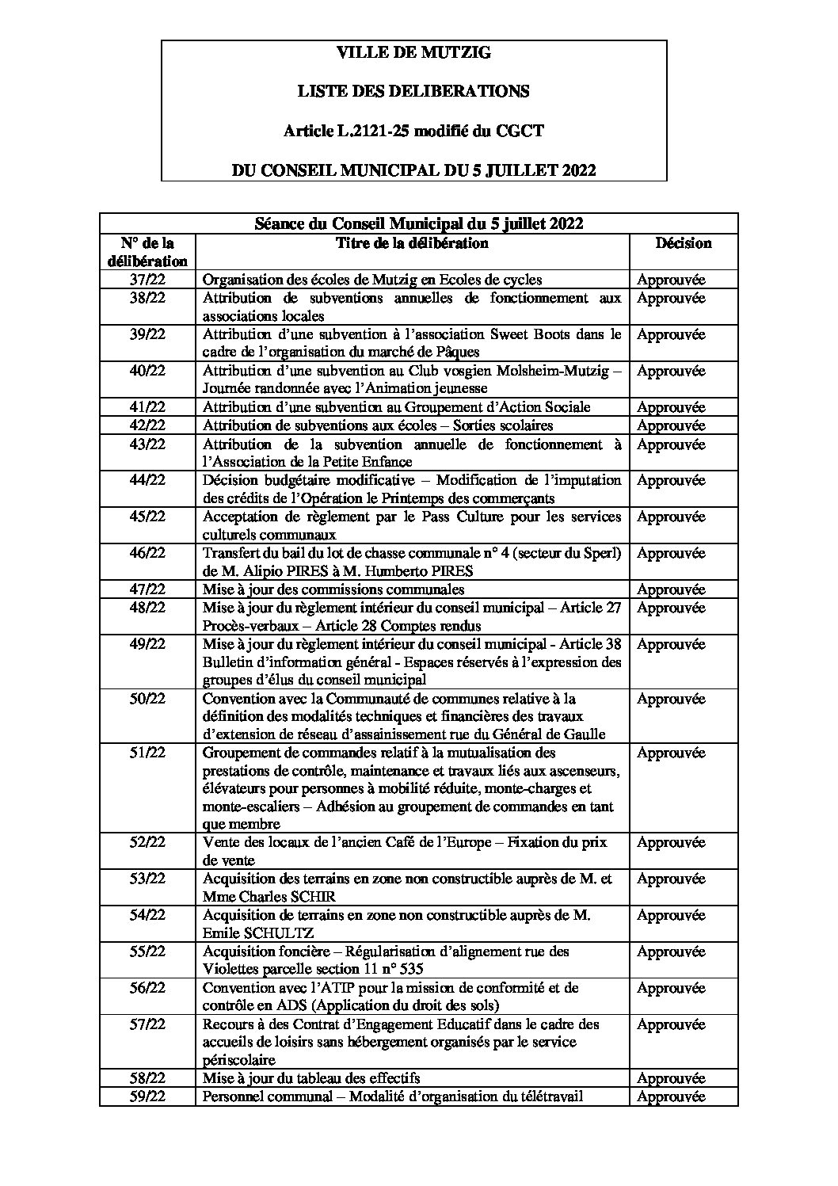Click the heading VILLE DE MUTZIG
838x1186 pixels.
413,53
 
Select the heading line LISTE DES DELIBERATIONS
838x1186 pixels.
413,92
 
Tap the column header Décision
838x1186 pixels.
684,243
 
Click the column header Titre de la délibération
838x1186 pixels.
412,243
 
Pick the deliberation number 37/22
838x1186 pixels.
147,280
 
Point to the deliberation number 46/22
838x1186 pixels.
147,553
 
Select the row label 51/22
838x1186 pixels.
147,753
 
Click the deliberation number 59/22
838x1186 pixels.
147,1096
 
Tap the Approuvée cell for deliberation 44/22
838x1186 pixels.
671,480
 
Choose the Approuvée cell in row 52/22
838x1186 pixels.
671,843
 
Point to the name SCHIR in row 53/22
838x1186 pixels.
312,897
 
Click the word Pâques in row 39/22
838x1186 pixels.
457,352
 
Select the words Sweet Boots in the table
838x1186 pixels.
529,334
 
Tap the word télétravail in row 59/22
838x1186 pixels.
547,1096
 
